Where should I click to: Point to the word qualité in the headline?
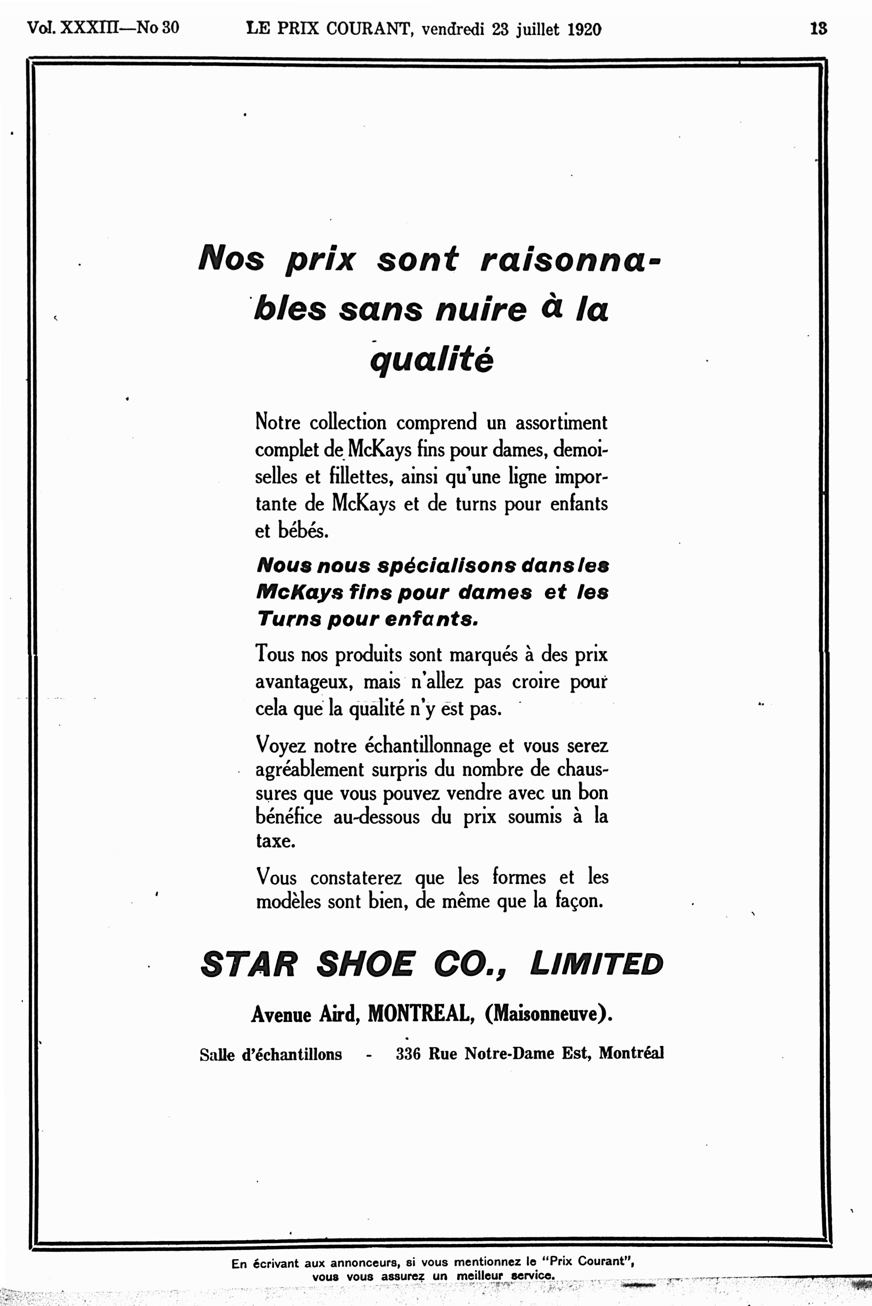click(432, 361)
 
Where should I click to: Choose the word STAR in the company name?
click(249, 964)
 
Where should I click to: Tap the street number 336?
click(408, 1053)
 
